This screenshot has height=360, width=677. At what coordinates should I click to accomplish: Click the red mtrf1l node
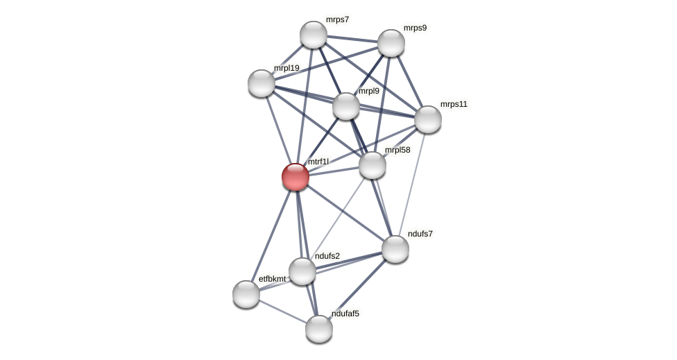click(x=295, y=177)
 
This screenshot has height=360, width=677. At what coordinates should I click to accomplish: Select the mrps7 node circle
click(x=314, y=35)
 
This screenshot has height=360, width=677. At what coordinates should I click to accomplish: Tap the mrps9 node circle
click(x=391, y=43)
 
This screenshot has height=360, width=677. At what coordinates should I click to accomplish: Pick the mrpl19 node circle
click(x=262, y=83)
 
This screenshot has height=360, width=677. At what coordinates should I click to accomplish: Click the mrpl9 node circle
click(x=346, y=106)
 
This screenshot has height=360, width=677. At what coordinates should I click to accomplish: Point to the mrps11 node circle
click(x=428, y=119)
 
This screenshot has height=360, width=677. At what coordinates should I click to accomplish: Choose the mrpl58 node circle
click(x=372, y=165)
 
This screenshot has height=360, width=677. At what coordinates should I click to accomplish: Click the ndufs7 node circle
click(x=395, y=249)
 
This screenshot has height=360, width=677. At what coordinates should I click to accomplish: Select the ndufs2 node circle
click(x=302, y=271)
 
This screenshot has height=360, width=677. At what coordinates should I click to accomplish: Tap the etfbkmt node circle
click(x=246, y=294)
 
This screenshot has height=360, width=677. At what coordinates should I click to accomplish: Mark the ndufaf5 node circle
click(x=319, y=329)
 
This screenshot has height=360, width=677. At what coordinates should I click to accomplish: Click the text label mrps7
click(x=338, y=19)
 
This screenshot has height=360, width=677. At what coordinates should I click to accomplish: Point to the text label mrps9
click(x=415, y=28)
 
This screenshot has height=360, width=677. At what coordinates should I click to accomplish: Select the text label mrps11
click(x=454, y=104)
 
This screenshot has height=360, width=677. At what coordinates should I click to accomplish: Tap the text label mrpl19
click(x=286, y=68)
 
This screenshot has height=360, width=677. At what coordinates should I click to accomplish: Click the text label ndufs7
click(x=420, y=234)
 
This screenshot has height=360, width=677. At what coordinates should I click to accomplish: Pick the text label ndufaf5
click(x=345, y=314)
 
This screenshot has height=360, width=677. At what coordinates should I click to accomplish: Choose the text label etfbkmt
click(x=272, y=279)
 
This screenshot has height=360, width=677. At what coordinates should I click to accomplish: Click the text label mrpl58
click(x=397, y=150)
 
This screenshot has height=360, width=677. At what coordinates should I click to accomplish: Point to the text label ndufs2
click(x=327, y=256)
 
